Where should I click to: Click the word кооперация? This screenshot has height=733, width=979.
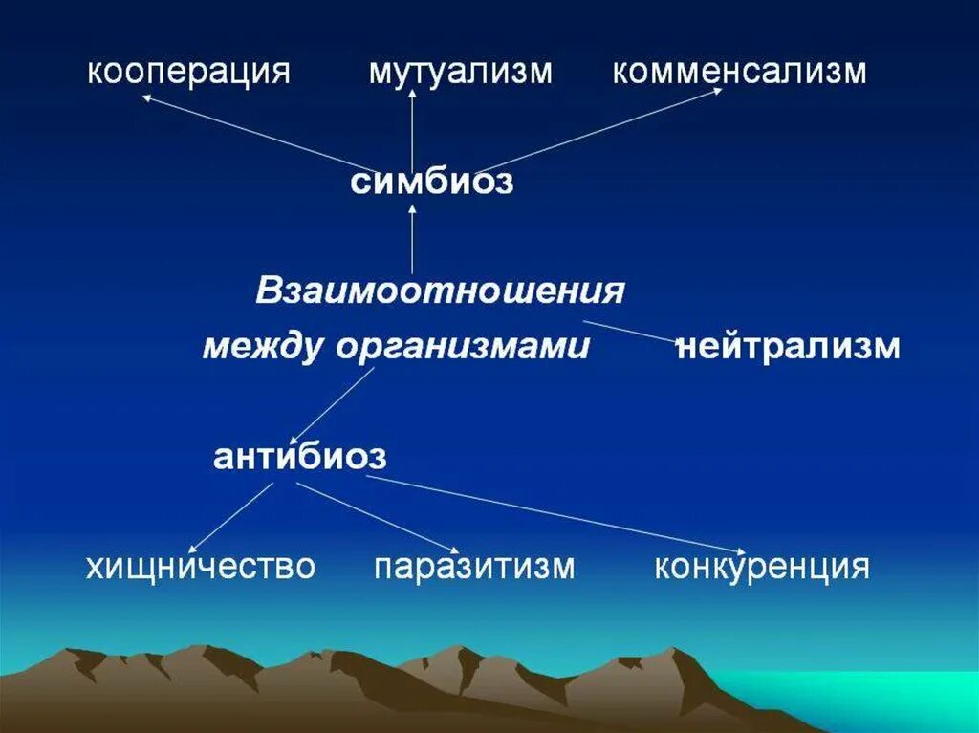coord(188,73)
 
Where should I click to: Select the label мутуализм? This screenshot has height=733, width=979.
coord(461,73)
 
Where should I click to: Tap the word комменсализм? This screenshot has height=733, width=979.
coord(739,73)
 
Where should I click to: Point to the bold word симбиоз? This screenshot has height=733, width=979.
coord(432,182)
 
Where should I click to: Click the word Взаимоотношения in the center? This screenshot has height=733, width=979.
coord(440,291)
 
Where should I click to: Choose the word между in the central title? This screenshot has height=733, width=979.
coord(262,347)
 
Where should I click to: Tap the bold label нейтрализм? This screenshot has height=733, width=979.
coord(789,346)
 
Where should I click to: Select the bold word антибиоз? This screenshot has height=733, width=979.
coord(299,457)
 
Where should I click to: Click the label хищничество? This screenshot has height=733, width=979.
coord(201,567)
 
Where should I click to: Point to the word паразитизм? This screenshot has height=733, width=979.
coord(474,567)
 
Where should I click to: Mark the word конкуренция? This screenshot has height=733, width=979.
coord(762,567)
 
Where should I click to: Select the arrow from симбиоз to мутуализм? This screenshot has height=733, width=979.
coord(412,129)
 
